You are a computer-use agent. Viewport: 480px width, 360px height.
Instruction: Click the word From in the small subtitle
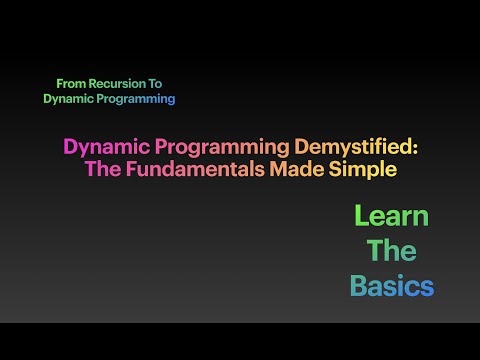72,84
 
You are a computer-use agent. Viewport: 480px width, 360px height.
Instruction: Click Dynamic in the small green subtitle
67,99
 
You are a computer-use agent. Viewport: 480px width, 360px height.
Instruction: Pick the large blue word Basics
391,286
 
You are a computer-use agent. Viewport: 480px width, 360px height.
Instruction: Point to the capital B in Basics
358,286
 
